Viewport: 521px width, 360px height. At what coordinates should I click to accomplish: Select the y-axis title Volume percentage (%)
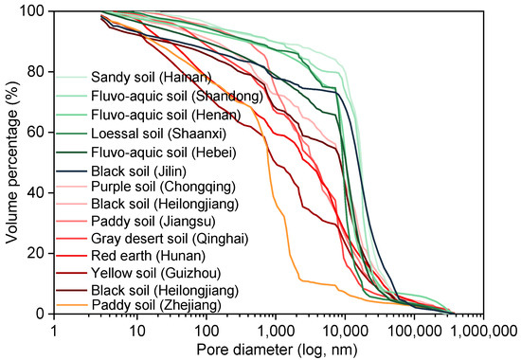11,162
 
